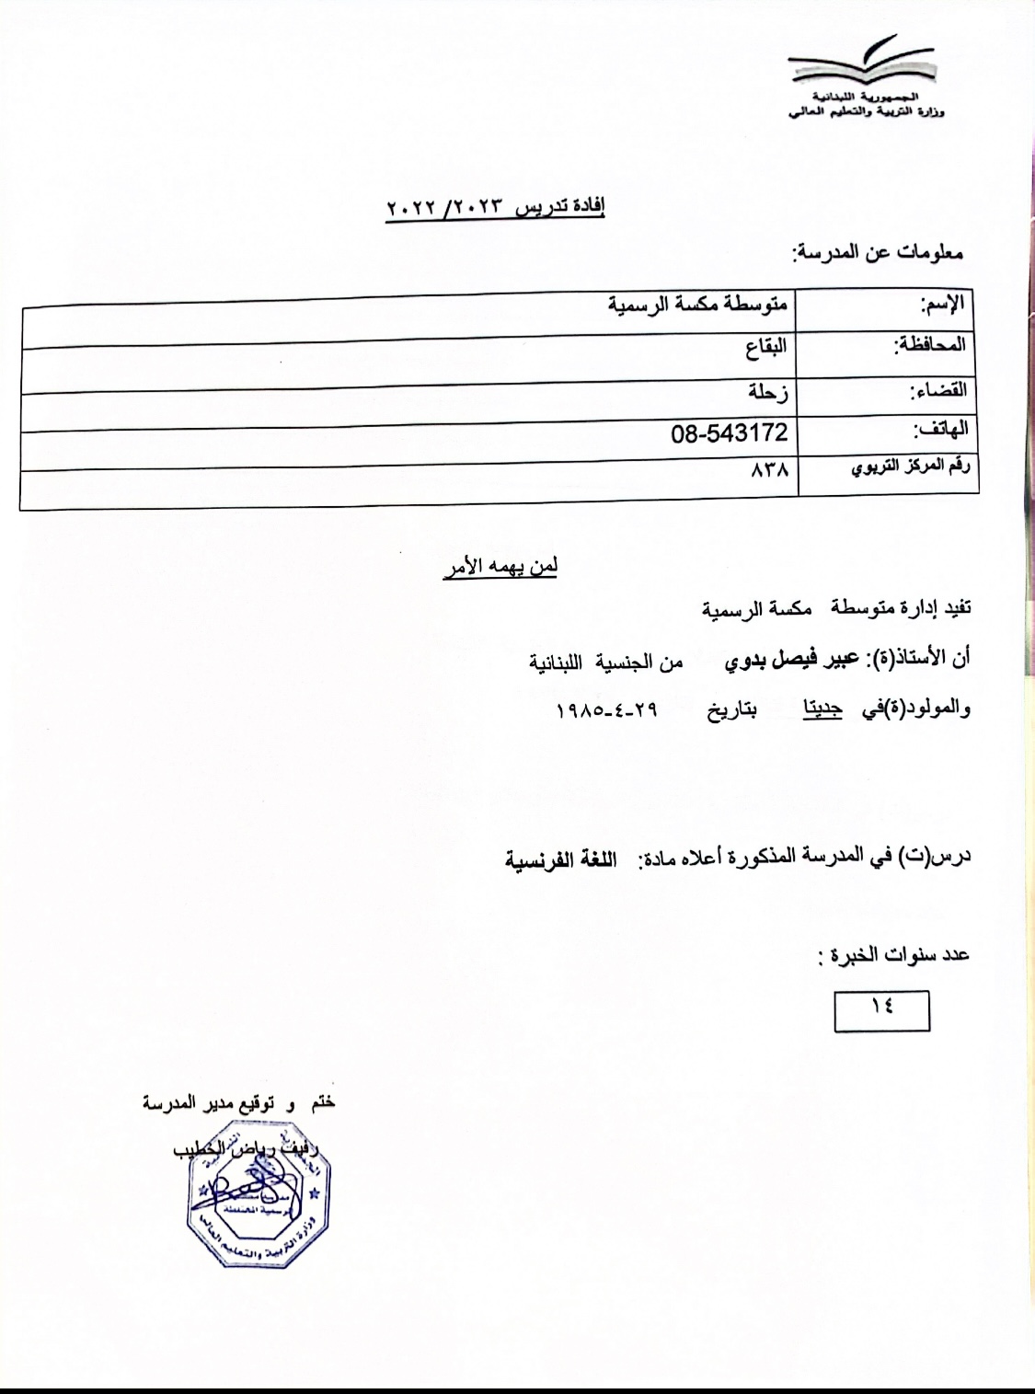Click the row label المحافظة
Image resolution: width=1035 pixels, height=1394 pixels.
tap(930, 345)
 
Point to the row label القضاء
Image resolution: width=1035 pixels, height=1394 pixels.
tap(937, 389)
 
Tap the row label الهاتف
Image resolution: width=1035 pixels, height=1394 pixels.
tap(939, 430)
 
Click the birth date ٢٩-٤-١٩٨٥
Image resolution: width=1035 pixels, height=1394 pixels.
tap(607, 710)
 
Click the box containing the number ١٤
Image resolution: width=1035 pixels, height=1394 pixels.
tap(881, 1009)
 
